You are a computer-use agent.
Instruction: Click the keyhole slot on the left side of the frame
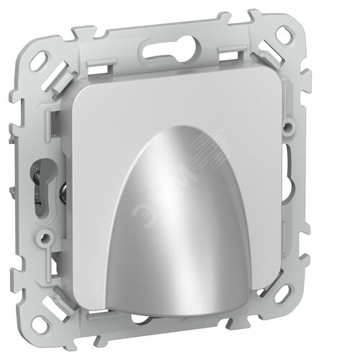coord(42,187)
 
